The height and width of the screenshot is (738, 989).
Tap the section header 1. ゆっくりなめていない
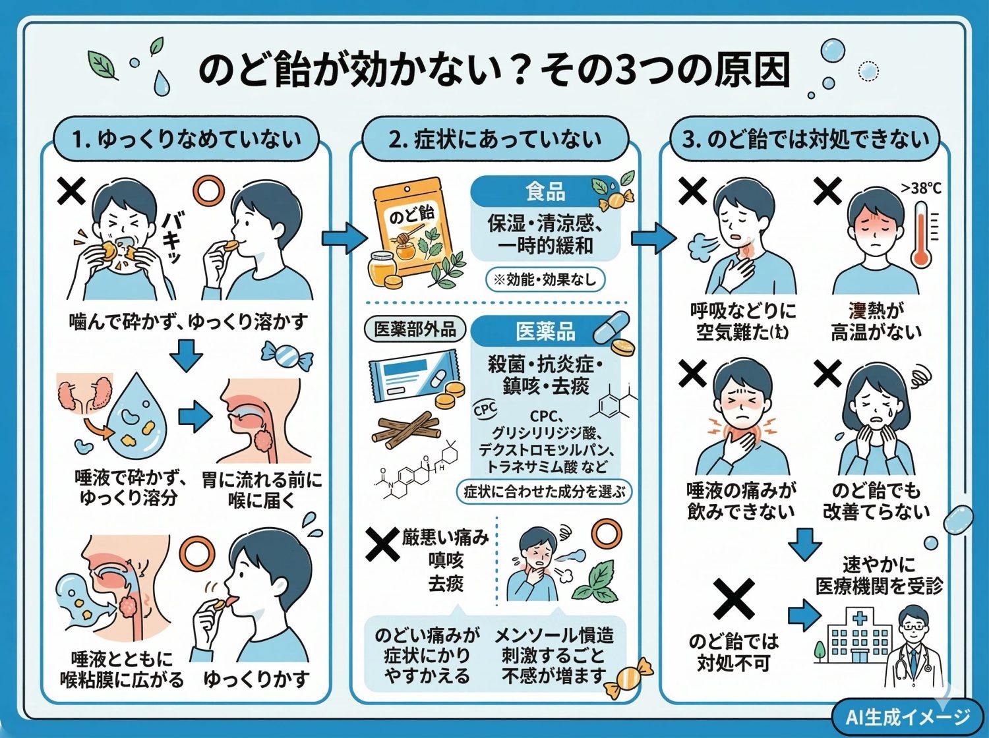click(x=186, y=139)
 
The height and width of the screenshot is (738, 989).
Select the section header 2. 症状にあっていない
click(x=494, y=139)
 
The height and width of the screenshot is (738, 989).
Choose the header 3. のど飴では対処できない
click(x=804, y=139)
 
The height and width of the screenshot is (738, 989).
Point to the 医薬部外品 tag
click(x=415, y=329)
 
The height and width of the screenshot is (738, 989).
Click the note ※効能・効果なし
click(x=545, y=279)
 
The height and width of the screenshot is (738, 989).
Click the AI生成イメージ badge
click(x=907, y=716)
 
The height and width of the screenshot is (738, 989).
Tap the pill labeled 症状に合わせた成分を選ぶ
click(x=544, y=492)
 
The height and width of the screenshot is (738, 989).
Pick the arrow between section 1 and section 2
click(x=344, y=238)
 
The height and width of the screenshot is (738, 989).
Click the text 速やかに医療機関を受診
click(x=879, y=575)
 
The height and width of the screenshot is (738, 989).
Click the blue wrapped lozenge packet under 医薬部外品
click(x=412, y=376)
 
